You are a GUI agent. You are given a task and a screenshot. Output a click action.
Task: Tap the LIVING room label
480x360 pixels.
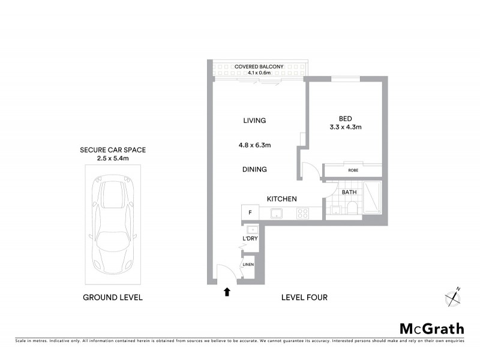coord(254,121)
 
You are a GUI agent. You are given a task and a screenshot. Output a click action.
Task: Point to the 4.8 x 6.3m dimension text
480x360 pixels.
coord(255,145)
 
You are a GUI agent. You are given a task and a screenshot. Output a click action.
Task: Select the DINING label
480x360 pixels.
coord(255,169)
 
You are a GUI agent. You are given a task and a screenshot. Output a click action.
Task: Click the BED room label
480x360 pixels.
coord(345,118)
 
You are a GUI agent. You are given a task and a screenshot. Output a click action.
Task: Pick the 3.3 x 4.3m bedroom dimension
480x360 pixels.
coord(345,127)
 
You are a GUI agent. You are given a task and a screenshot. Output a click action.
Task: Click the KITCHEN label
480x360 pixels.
coord(282,199)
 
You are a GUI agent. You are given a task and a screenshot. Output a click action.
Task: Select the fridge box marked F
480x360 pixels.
coord(250,213)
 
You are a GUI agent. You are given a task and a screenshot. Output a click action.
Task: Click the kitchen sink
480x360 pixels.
coord(277,213)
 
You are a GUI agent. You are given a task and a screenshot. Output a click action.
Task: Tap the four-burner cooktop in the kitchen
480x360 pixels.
coord(302,213)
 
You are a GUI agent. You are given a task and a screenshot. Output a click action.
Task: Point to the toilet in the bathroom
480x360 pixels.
coord(352,208)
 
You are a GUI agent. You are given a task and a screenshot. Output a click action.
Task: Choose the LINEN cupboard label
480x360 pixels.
coord(248,265)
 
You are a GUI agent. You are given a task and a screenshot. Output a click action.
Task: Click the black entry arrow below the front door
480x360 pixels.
coord(227,292)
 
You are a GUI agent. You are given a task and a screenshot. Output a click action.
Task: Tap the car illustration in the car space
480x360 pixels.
coord(113,226)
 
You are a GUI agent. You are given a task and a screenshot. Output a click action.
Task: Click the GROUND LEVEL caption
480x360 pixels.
coord(113,298)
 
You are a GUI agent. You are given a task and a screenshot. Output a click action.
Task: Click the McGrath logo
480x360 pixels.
coord(431,328)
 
